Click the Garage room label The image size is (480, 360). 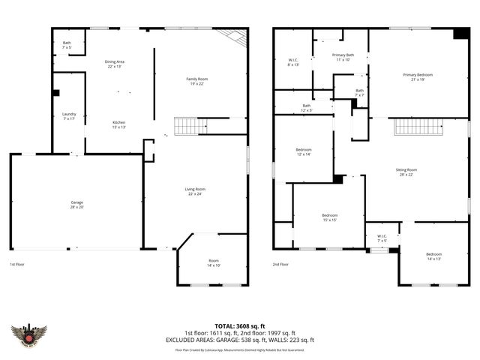[76, 204]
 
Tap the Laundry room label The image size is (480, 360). [69, 116]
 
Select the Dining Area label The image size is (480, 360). [115, 64]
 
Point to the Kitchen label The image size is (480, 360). [118, 124]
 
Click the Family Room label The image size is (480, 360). [196, 81]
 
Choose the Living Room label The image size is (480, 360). [195, 191]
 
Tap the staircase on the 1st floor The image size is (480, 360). [185, 126]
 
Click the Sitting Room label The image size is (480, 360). [406, 172]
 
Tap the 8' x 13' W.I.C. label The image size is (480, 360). [293, 62]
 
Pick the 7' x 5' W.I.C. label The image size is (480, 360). [382, 238]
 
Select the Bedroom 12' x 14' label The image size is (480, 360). [303, 152]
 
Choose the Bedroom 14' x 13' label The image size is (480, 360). [434, 256]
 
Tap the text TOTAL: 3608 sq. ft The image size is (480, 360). [239, 325]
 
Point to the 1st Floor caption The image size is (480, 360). [18, 265]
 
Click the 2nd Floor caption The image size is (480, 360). [281, 265]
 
